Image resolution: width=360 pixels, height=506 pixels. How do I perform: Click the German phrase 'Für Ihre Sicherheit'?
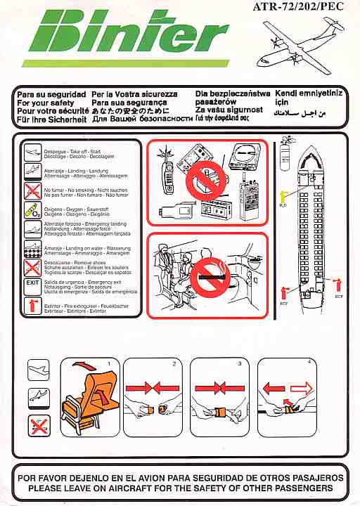point(51,119)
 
